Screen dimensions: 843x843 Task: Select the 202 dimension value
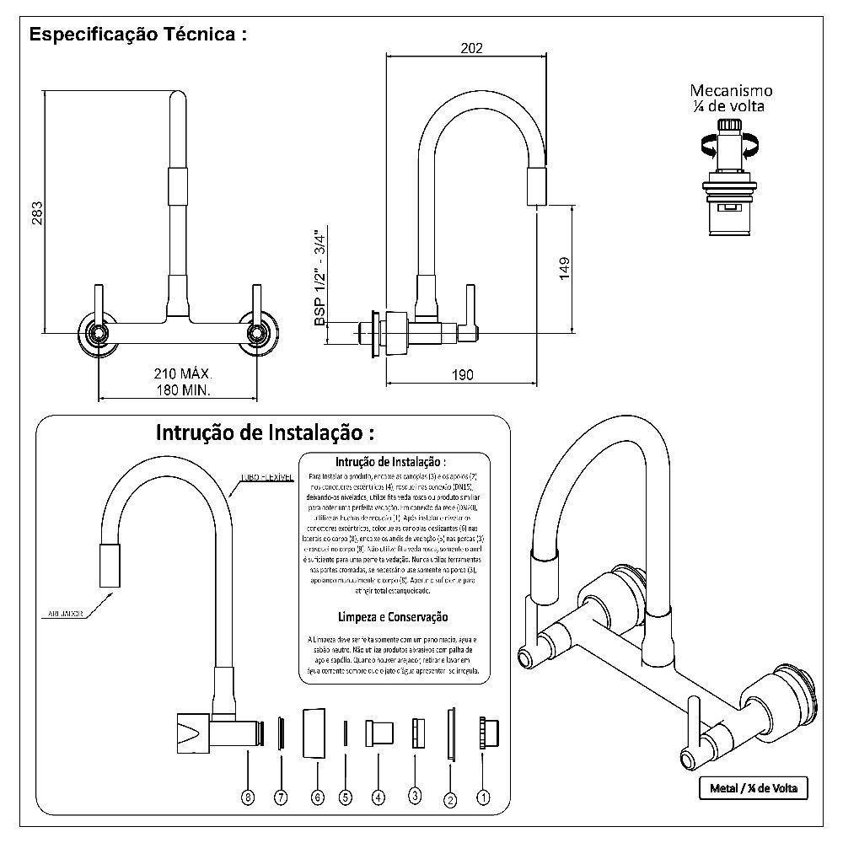pyautogui.click(x=471, y=48)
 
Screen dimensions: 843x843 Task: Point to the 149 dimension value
pyautogui.click(x=564, y=268)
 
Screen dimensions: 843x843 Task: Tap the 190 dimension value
pyautogui.click(x=462, y=374)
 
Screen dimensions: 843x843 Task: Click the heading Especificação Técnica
pyautogui.click(x=138, y=35)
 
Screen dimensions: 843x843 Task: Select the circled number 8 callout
pyautogui.click(x=247, y=797)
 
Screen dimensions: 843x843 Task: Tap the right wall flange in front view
pyautogui.click(x=257, y=333)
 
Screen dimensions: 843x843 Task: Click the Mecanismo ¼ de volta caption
pyautogui.click(x=730, y=99)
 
